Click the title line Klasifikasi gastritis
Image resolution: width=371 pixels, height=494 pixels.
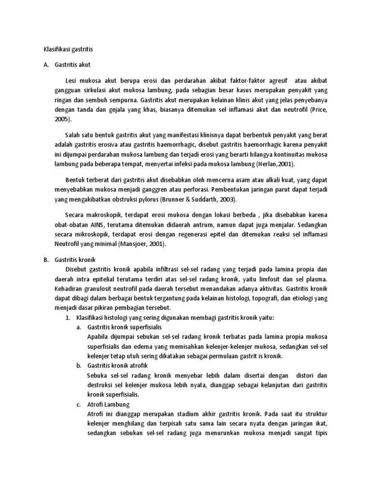pos(66,49)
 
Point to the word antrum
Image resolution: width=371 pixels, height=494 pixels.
pos(184,224)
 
